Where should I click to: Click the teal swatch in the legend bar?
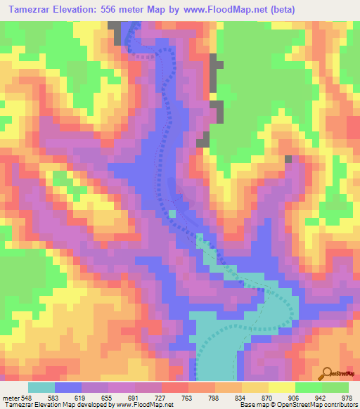41,387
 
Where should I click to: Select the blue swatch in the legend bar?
68,387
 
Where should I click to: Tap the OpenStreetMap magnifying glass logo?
326,373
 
